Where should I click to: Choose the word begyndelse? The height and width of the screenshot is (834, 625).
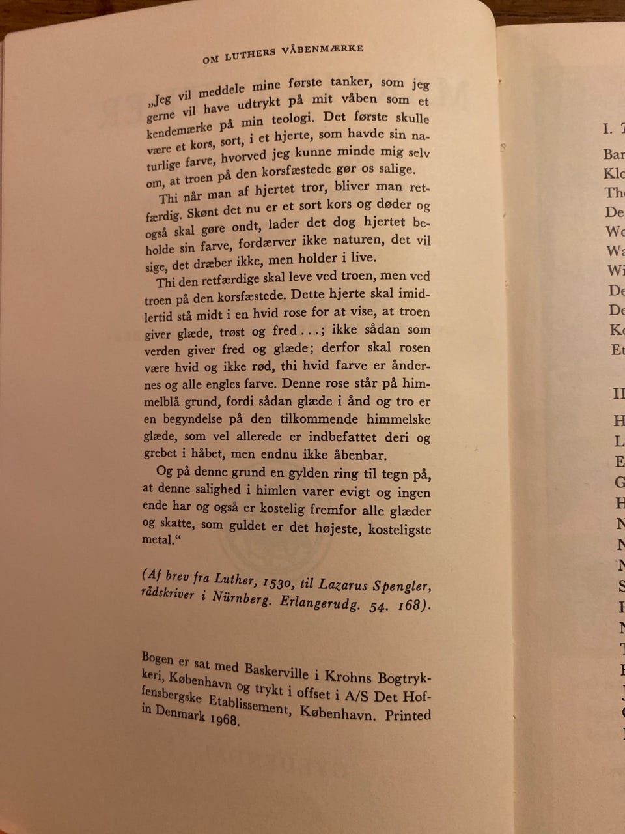(195, 420)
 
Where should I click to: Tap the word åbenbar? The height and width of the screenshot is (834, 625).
(359, 455)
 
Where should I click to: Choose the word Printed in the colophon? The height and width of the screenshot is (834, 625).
(408, 715)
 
